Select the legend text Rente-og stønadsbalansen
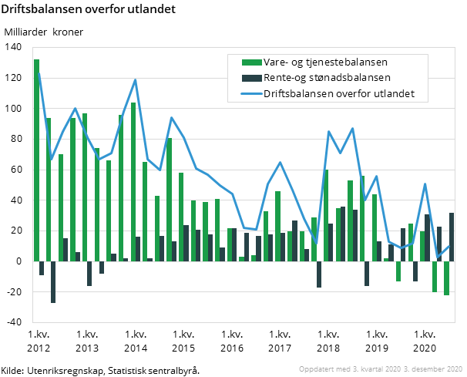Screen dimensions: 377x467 (x=327, y=78)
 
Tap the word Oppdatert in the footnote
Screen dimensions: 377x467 (x=316, y=369)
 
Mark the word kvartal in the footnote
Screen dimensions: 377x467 (x=366, y=369)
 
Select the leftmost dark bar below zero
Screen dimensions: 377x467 (x=42, y=268)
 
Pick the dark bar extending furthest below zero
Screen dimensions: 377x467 (x=53, y=281)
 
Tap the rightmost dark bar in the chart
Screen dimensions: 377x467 (x=452, y=237)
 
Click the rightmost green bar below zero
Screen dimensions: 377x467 (x=446, y=278)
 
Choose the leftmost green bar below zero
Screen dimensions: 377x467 (x=398, y=271)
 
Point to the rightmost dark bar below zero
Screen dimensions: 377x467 (x=415, y=271)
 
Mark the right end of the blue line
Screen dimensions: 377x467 (x=449, y=246)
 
